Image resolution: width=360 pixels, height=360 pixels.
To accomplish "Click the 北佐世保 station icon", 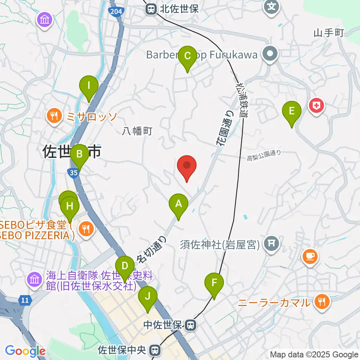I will [151, 8].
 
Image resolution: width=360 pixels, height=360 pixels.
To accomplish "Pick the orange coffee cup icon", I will [309, 257].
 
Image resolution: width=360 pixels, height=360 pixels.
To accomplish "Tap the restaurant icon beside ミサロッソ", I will [55, 116].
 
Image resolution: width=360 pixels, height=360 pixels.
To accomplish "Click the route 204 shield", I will [116, 12].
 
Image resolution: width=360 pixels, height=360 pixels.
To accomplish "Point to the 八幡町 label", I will [137, 131].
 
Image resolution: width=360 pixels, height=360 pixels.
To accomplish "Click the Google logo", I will [25, 351].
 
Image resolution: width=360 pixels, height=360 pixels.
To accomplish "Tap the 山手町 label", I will [329, 33].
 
